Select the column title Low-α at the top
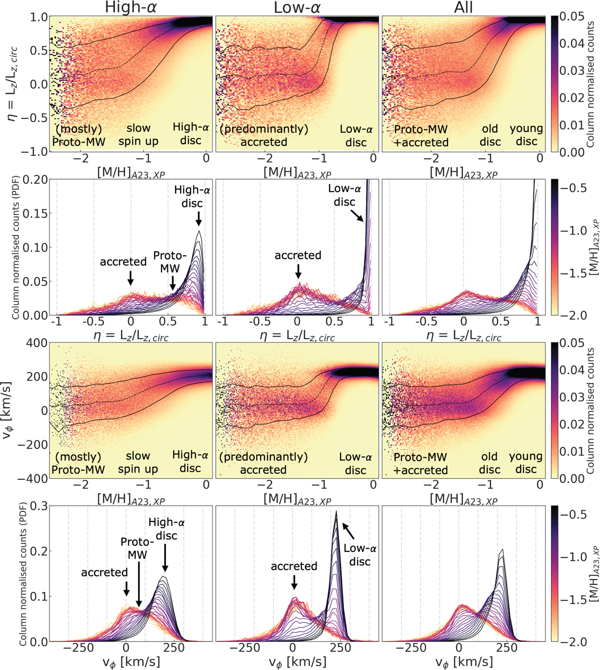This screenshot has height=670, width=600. pos(297,8)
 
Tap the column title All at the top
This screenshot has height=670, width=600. pos(463,8)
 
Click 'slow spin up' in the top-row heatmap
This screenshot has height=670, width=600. pos(138,135)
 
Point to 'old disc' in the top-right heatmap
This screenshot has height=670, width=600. pos(490,136)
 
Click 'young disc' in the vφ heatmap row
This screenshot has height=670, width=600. pos(526,463)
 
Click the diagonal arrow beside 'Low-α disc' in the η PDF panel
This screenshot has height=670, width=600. pos(357,215)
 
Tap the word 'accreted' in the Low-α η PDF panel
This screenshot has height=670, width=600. pos(298,255)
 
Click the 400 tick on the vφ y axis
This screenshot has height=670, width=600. pos(38,343)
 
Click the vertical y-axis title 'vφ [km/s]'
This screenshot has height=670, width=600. pos(8,410)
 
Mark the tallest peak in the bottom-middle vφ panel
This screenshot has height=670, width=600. pos(336,511)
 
